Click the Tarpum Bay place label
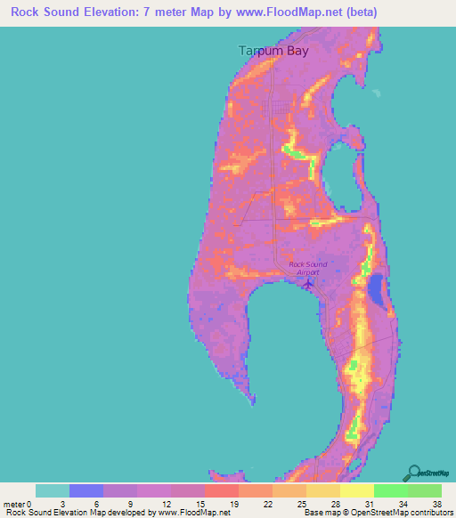point(273,51)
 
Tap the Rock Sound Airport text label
point(308,268)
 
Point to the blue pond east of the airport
point(376,288)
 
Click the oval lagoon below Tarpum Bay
point(337,173)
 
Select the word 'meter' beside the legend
point(15,504)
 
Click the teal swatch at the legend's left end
point(53,490)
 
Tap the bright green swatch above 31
point(391,490)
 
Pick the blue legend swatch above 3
point(86,490)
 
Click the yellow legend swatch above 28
point(323,490)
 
